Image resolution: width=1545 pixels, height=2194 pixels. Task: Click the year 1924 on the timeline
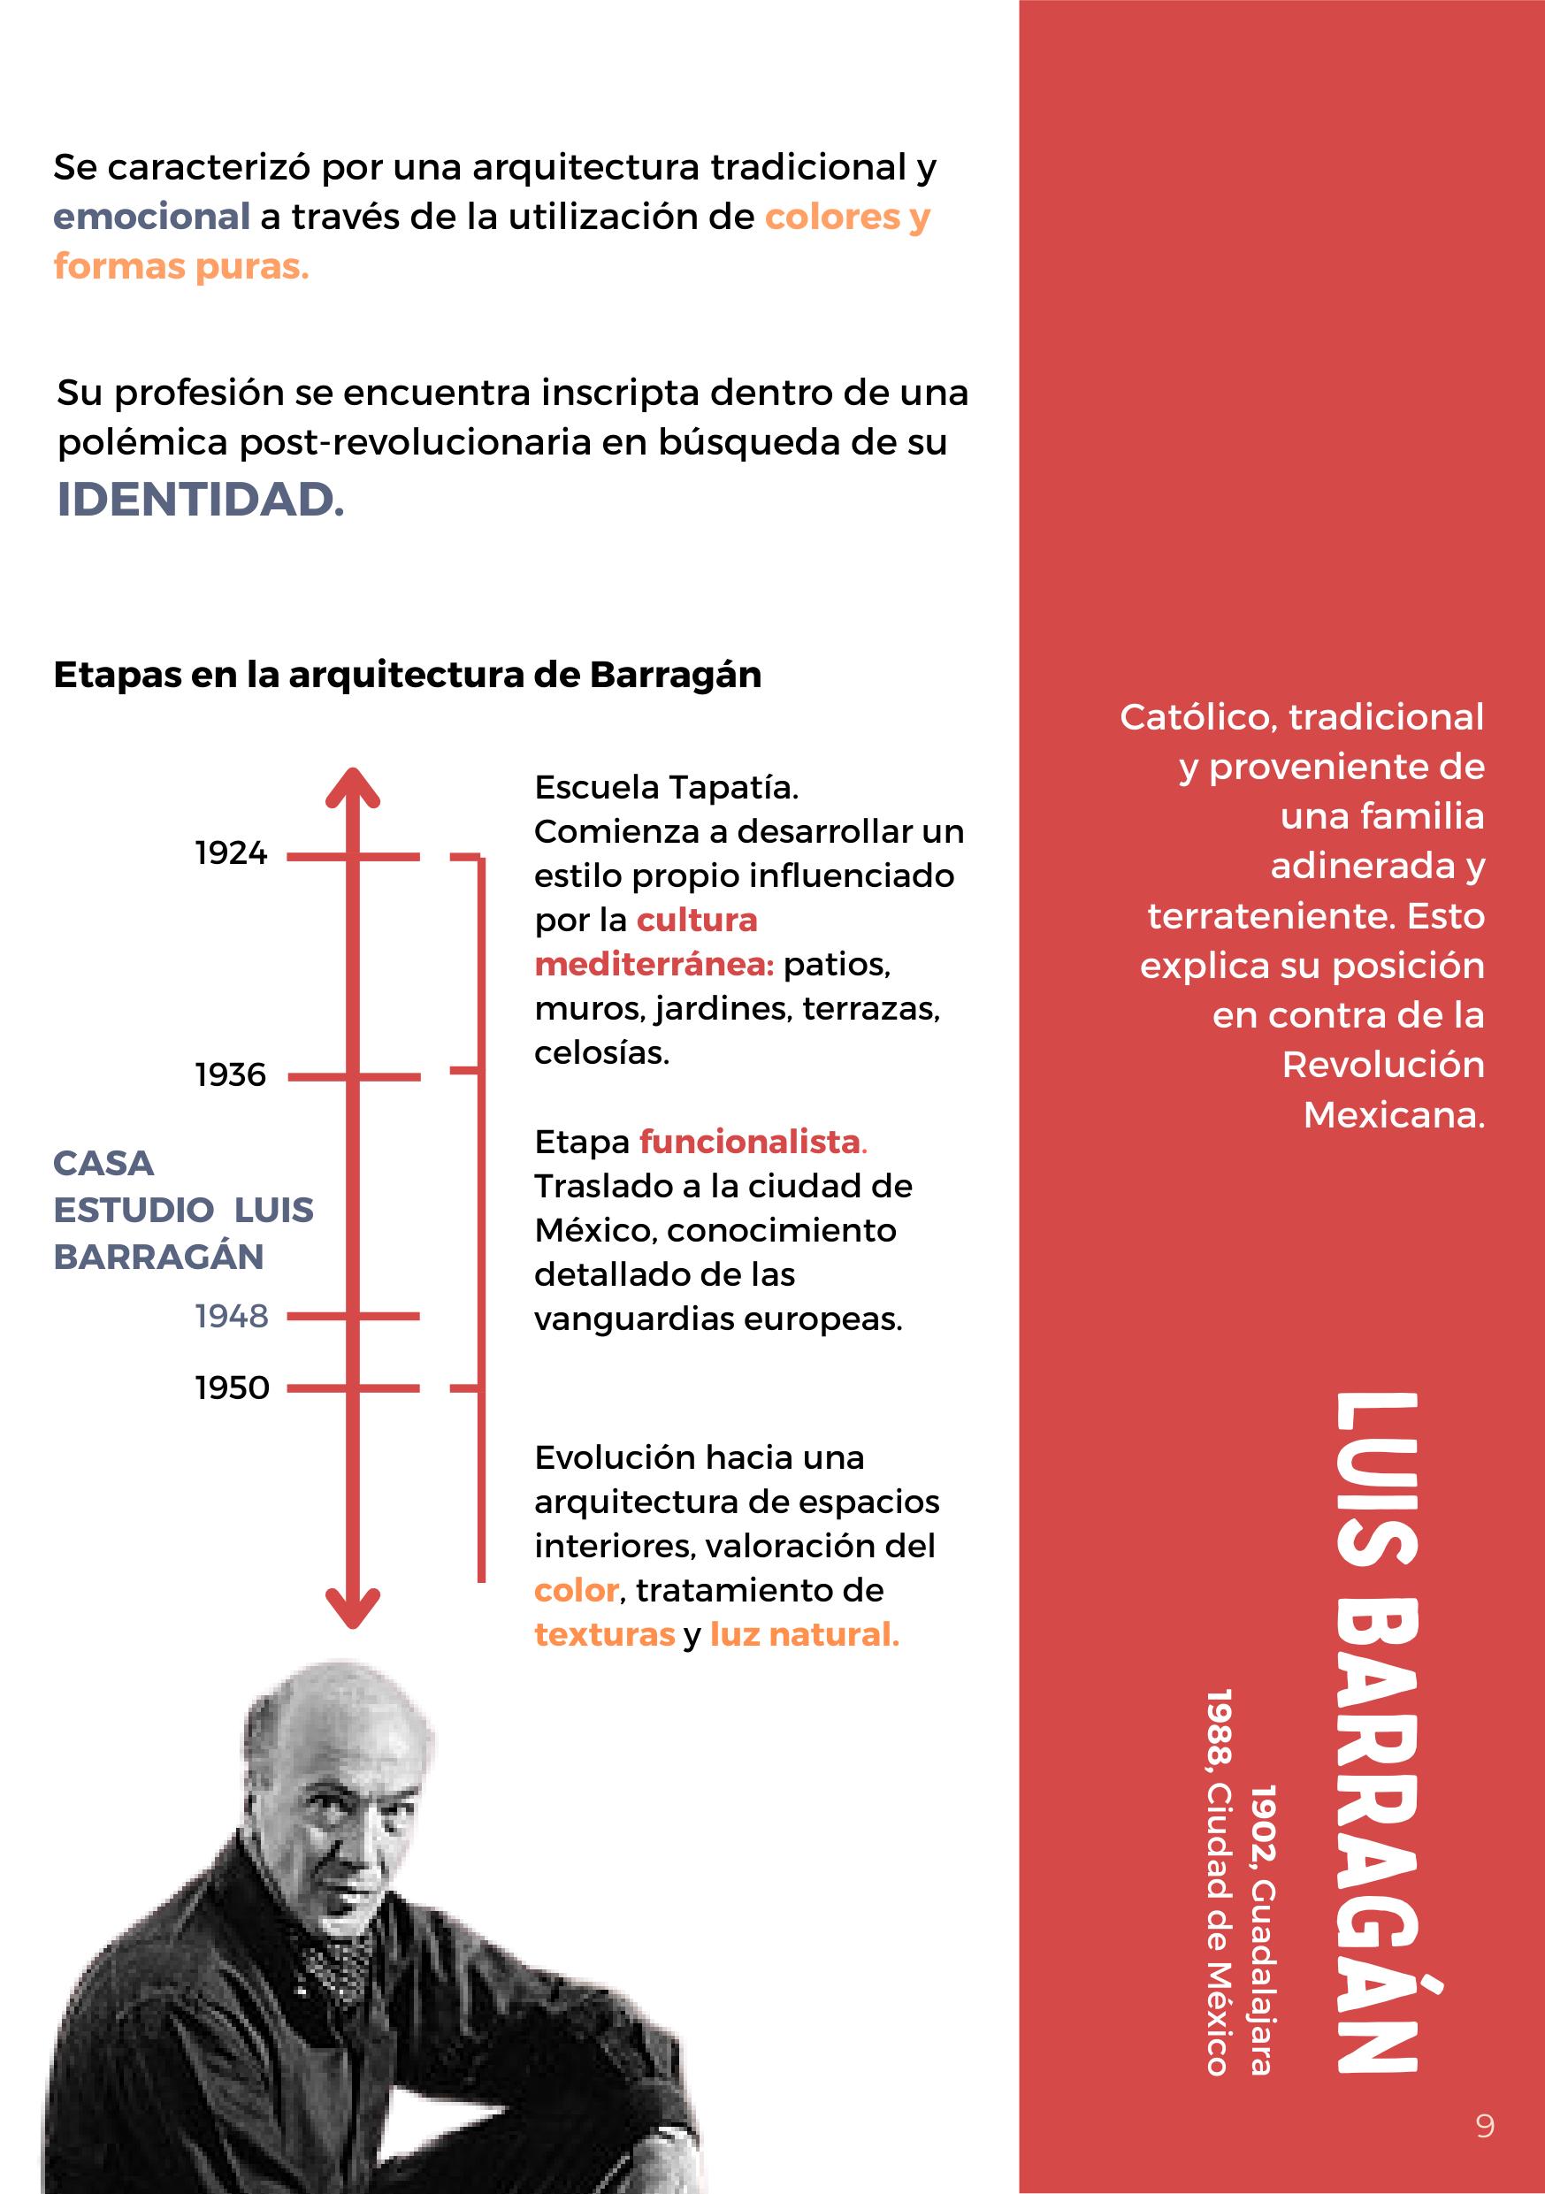[231, 853]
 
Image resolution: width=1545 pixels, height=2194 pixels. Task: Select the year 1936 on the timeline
[231, 1075]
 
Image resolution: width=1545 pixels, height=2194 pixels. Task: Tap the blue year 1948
[231, 1316]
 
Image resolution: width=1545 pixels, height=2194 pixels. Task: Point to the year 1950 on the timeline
[231, 1387]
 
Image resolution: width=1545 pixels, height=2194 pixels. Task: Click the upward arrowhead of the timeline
[353, 788]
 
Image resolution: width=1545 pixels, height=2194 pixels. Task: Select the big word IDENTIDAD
[201, 500]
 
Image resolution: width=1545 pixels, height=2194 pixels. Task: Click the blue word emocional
[151, 217]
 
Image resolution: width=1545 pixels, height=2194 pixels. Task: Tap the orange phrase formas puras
[181, 266]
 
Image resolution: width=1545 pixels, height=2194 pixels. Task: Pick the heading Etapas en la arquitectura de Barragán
[407, 675]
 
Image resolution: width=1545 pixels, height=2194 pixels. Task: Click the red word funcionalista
[751, 1142]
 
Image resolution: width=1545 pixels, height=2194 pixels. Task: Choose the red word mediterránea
[654, 964]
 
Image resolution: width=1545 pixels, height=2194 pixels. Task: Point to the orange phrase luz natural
[805, 1635]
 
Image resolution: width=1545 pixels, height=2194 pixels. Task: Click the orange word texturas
[604, 1635]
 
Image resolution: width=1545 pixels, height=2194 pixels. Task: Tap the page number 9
[1485, 2126]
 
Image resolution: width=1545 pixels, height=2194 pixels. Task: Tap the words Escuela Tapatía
[666, 787]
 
